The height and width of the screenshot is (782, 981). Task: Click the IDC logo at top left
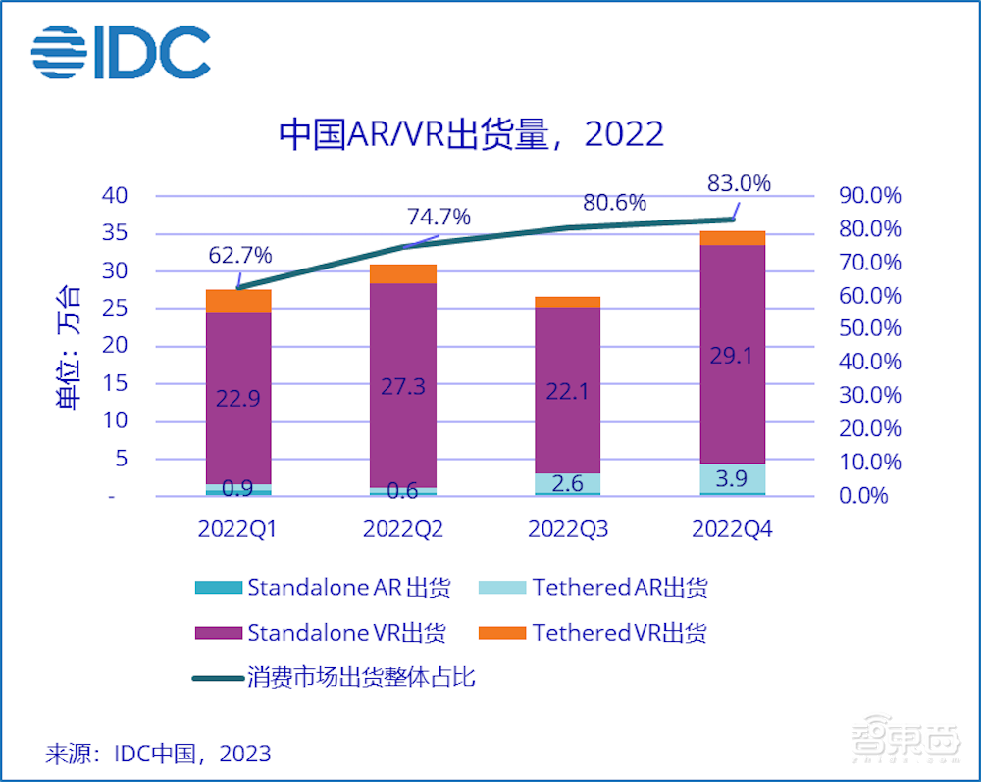121,51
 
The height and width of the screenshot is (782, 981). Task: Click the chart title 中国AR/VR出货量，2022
471,134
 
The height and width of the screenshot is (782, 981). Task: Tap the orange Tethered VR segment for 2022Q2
403,273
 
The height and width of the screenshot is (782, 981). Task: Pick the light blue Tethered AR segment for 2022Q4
734,478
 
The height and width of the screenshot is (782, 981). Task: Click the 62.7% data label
240,256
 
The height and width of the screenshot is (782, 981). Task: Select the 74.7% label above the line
439,217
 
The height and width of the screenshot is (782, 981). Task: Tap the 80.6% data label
614,203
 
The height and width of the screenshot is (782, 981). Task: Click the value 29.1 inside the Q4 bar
734,355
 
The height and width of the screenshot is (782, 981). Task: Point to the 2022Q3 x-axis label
568,529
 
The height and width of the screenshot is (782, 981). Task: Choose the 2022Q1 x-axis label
237,529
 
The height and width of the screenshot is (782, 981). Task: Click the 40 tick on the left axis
116,195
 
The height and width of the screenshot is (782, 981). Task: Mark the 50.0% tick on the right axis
869,328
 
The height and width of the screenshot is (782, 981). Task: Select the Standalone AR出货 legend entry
324,588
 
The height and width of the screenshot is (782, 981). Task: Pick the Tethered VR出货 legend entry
594,633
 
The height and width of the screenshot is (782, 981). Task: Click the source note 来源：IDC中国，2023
158,754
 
